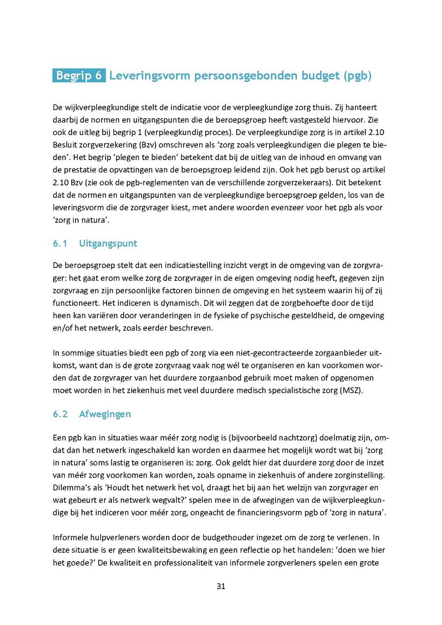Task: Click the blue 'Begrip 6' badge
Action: pos(79,76)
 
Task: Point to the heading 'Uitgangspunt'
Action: pos(108,243)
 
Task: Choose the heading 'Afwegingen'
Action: pos(105,414)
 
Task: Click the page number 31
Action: pos(221,586)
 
